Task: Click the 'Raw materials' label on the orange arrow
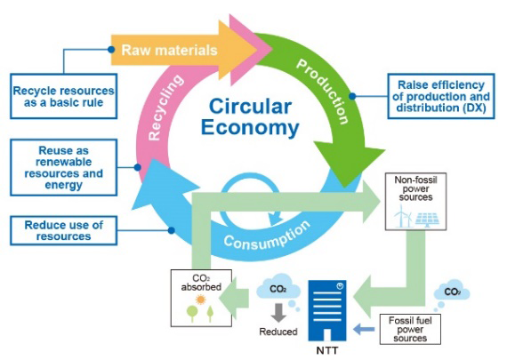click(x=169, y=50)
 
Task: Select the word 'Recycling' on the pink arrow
click(x=165, y=108)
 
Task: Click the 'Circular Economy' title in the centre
click(x=250, y=116)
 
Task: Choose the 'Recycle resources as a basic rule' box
click(x=64, y=96)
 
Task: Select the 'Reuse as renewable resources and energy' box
click(x=64, y=167)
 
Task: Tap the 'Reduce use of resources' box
click(x=64, y=231)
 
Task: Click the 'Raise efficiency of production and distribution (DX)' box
click(x=441, y=96)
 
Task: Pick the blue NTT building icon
click(x=327, y=310)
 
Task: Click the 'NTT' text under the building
click(x=327, y=350)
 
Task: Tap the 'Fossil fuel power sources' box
click(x=410, y=329)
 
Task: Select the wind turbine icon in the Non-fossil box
click(x=403, y=215)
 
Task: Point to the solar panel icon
click(x=428, y=219)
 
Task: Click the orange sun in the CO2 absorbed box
click(x=201, y=300)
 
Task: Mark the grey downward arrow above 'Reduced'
click(x=278, y=313)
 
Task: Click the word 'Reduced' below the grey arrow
click(x=278, y=332)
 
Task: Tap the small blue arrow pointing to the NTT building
click(x=364, y=329)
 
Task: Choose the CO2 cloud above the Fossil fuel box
click(x=451, y=292)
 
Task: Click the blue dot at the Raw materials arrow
click(x=111, y=50)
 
